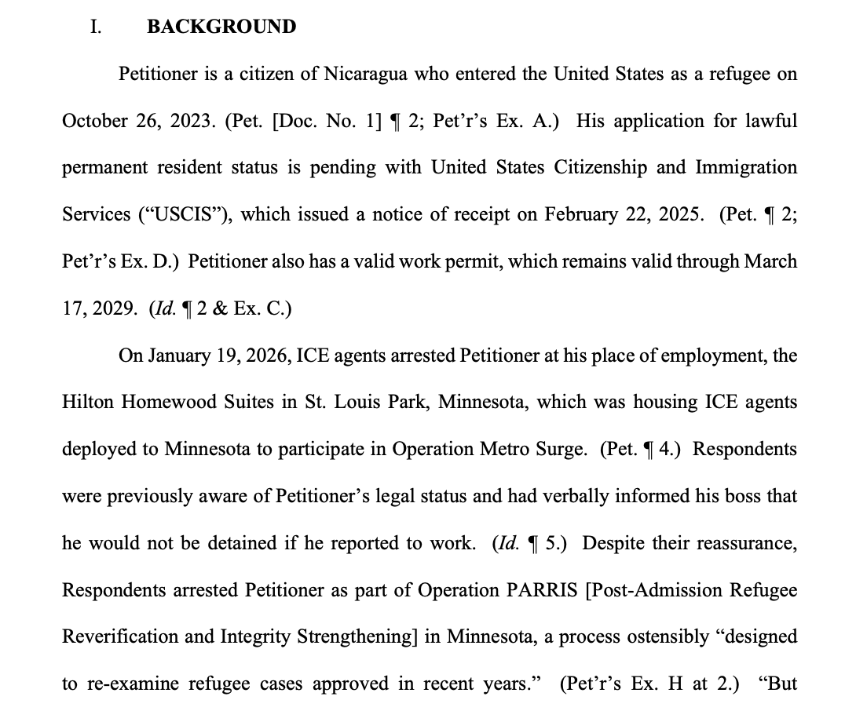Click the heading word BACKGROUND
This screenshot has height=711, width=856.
point(221,27)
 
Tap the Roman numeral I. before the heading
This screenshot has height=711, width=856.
point(96,27)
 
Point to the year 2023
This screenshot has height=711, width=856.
point(192,121)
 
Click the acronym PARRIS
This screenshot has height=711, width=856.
point(545,590)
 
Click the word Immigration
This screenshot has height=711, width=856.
point(746,168)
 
